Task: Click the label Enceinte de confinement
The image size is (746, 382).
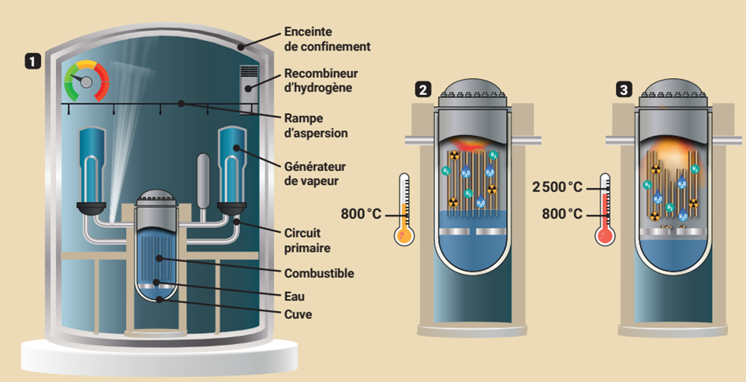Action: tap(326, 39)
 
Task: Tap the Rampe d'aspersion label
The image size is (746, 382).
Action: tap(314, 125)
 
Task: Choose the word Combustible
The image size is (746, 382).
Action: tap(319, 273)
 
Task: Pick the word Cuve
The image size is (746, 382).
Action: tap(298, 314)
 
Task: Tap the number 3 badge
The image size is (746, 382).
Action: tap(625, 90)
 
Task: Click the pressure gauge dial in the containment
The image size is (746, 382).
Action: tap(86, 81)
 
